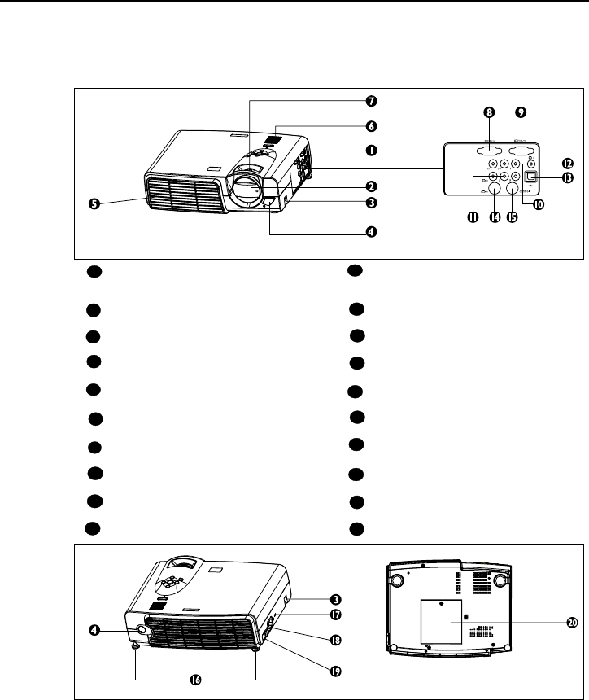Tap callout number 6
[x=370, y=126]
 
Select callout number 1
[x=370, y=150]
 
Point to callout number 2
[x=370, y=186]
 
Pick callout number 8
[x=490, y=112]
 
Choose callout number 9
[x=521, y=112]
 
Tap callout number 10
[x=537, y=204]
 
